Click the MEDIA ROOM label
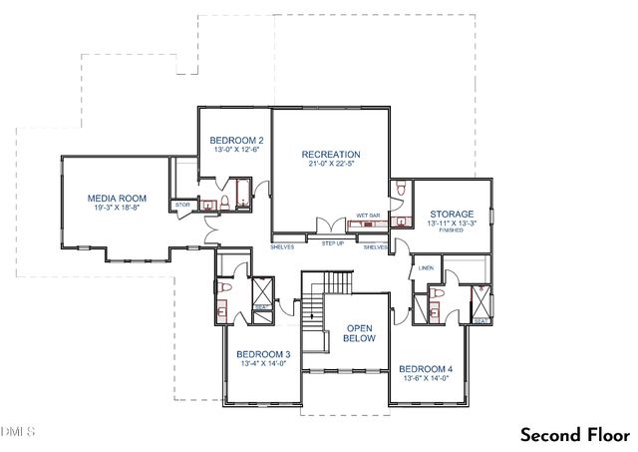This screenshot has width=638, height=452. [113, 198]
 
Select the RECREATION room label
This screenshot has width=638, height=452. [330, 154]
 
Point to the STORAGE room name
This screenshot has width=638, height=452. [451, 214]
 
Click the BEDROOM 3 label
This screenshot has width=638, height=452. [263, 354]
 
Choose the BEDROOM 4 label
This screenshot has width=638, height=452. [425, 368]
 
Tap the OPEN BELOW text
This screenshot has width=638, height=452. [359, 333]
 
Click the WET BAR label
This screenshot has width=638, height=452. [368, 214]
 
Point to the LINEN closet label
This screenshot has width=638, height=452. [426, 267]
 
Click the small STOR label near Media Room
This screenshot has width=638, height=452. [182, 206]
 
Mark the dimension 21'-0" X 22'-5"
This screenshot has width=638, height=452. [330, 166]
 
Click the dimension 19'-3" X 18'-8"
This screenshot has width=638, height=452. [113, 209]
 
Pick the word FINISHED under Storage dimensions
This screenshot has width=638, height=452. [452, 232]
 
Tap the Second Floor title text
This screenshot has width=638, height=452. [573, 435]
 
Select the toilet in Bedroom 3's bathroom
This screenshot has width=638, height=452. [224, 288]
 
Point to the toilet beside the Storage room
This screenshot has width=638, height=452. [399, 192]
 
